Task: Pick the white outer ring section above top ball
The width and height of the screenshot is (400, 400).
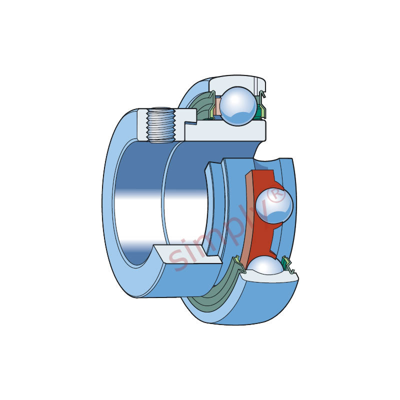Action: pos(236,82)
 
